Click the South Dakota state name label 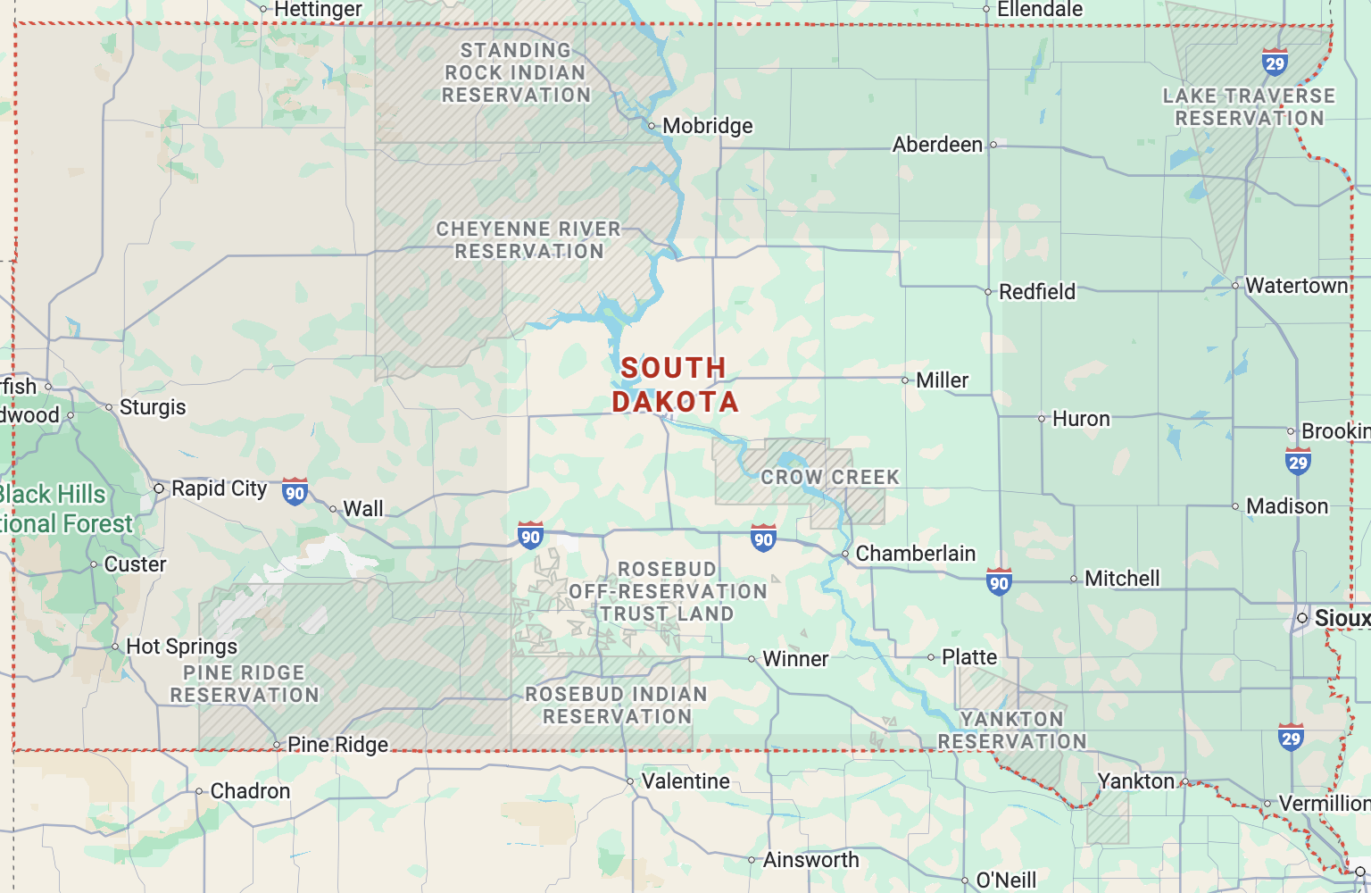[x=675, y=385]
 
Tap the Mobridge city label [x=707, y=126]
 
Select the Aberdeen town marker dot [x=993, y=145]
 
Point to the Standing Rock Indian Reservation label [x=516, y=72]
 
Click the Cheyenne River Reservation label [x=528, y=240]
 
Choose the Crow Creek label [x=829, y=478]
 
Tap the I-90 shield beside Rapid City [x=295, y=492]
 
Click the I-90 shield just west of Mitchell [x=999, y=582]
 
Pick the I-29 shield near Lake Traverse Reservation [x=1275, y=63]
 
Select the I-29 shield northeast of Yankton [x=1291, y=738]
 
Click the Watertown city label [x=1296, y=286]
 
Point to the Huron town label [x=1080, y=419]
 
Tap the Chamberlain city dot [x=845, y=555]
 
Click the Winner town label [x=795, y=659]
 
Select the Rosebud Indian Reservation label [x=617, y=705]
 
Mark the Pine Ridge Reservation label [x=245, y=684]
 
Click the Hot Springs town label [x=181, y=647]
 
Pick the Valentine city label [x=685, y=781]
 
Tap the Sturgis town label [x=153, y=407]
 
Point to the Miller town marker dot [x=906, y=380]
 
